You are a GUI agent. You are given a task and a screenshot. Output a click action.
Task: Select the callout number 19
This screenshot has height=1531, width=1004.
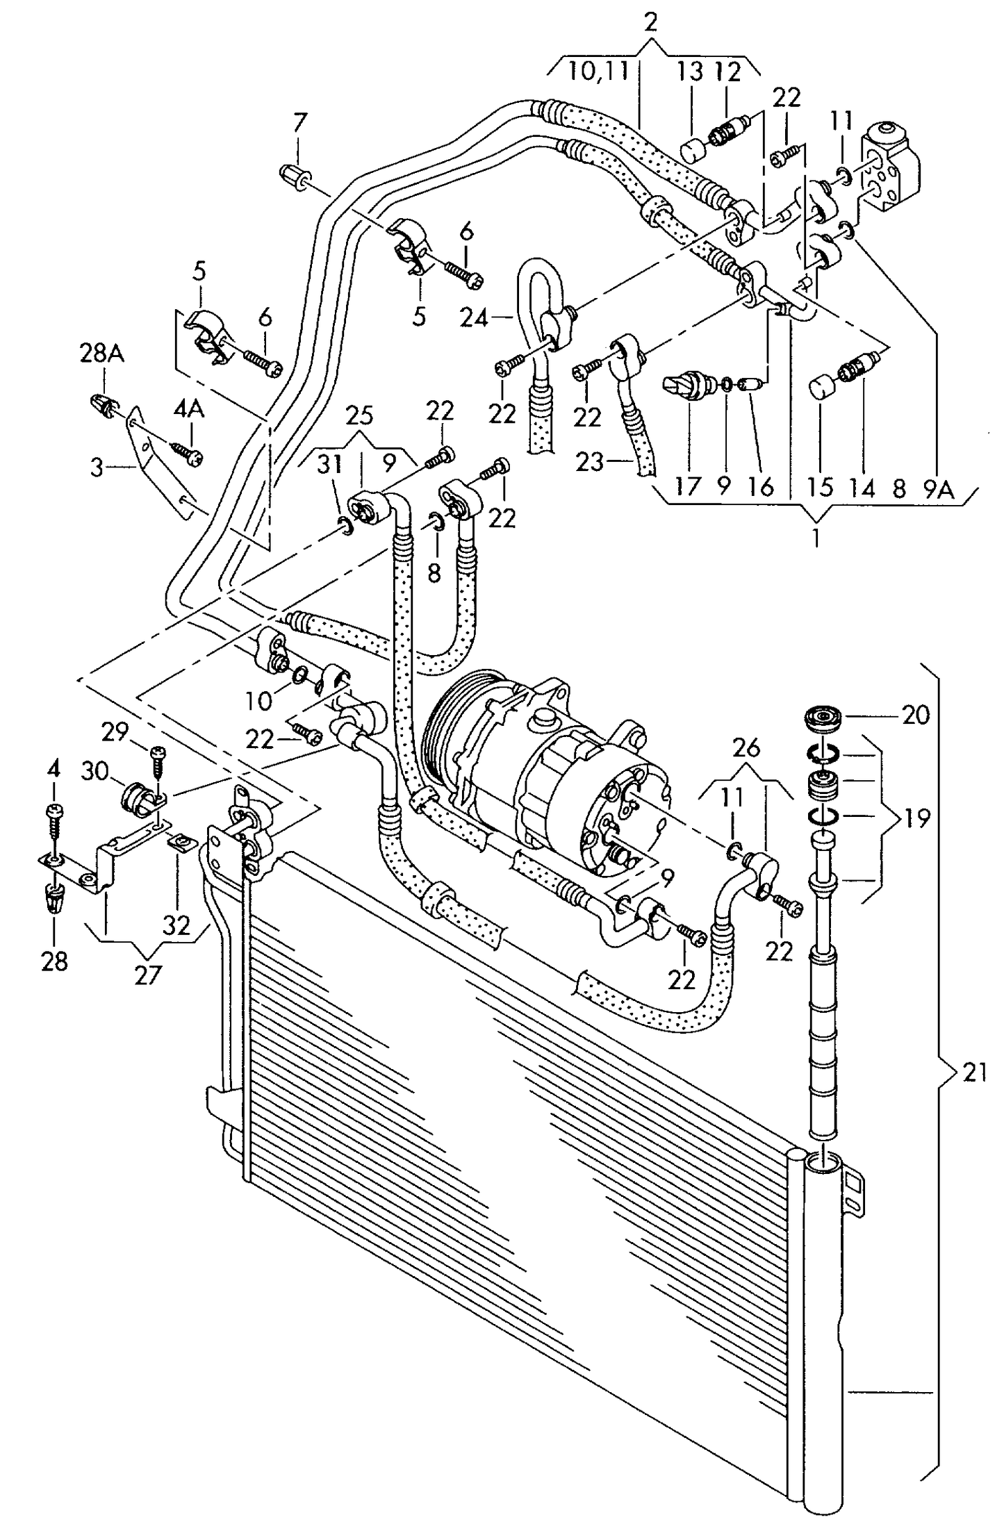pyautogui.click(x=916, y=818)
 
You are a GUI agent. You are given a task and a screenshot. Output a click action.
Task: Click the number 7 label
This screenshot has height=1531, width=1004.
pyautogui.click(x=299, y=123)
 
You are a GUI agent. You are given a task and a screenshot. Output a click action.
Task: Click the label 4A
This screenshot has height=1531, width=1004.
pyautogui.click(x=188, y=409)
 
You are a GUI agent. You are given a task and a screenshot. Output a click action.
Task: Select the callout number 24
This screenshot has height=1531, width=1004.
pyautogui.click(x=475, y=319)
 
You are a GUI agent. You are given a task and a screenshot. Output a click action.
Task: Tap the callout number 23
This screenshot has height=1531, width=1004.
pyautogui.click(x=591, y=462)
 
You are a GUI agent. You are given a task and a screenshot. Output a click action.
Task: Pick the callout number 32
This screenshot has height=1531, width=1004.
pyautogui.click(x=176, y=925)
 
